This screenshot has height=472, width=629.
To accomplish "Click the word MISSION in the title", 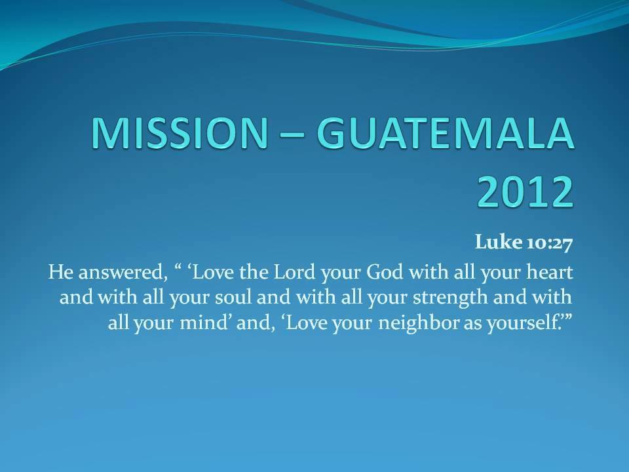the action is [x=180, y=133].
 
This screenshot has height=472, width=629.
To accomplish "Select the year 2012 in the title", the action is [x=525, y=191].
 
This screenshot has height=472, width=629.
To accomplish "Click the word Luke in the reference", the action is [x=499, y=242].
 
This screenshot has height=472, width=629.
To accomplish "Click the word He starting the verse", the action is [x=60, y=272].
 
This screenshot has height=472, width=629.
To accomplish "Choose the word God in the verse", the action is [x=385, y=272].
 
